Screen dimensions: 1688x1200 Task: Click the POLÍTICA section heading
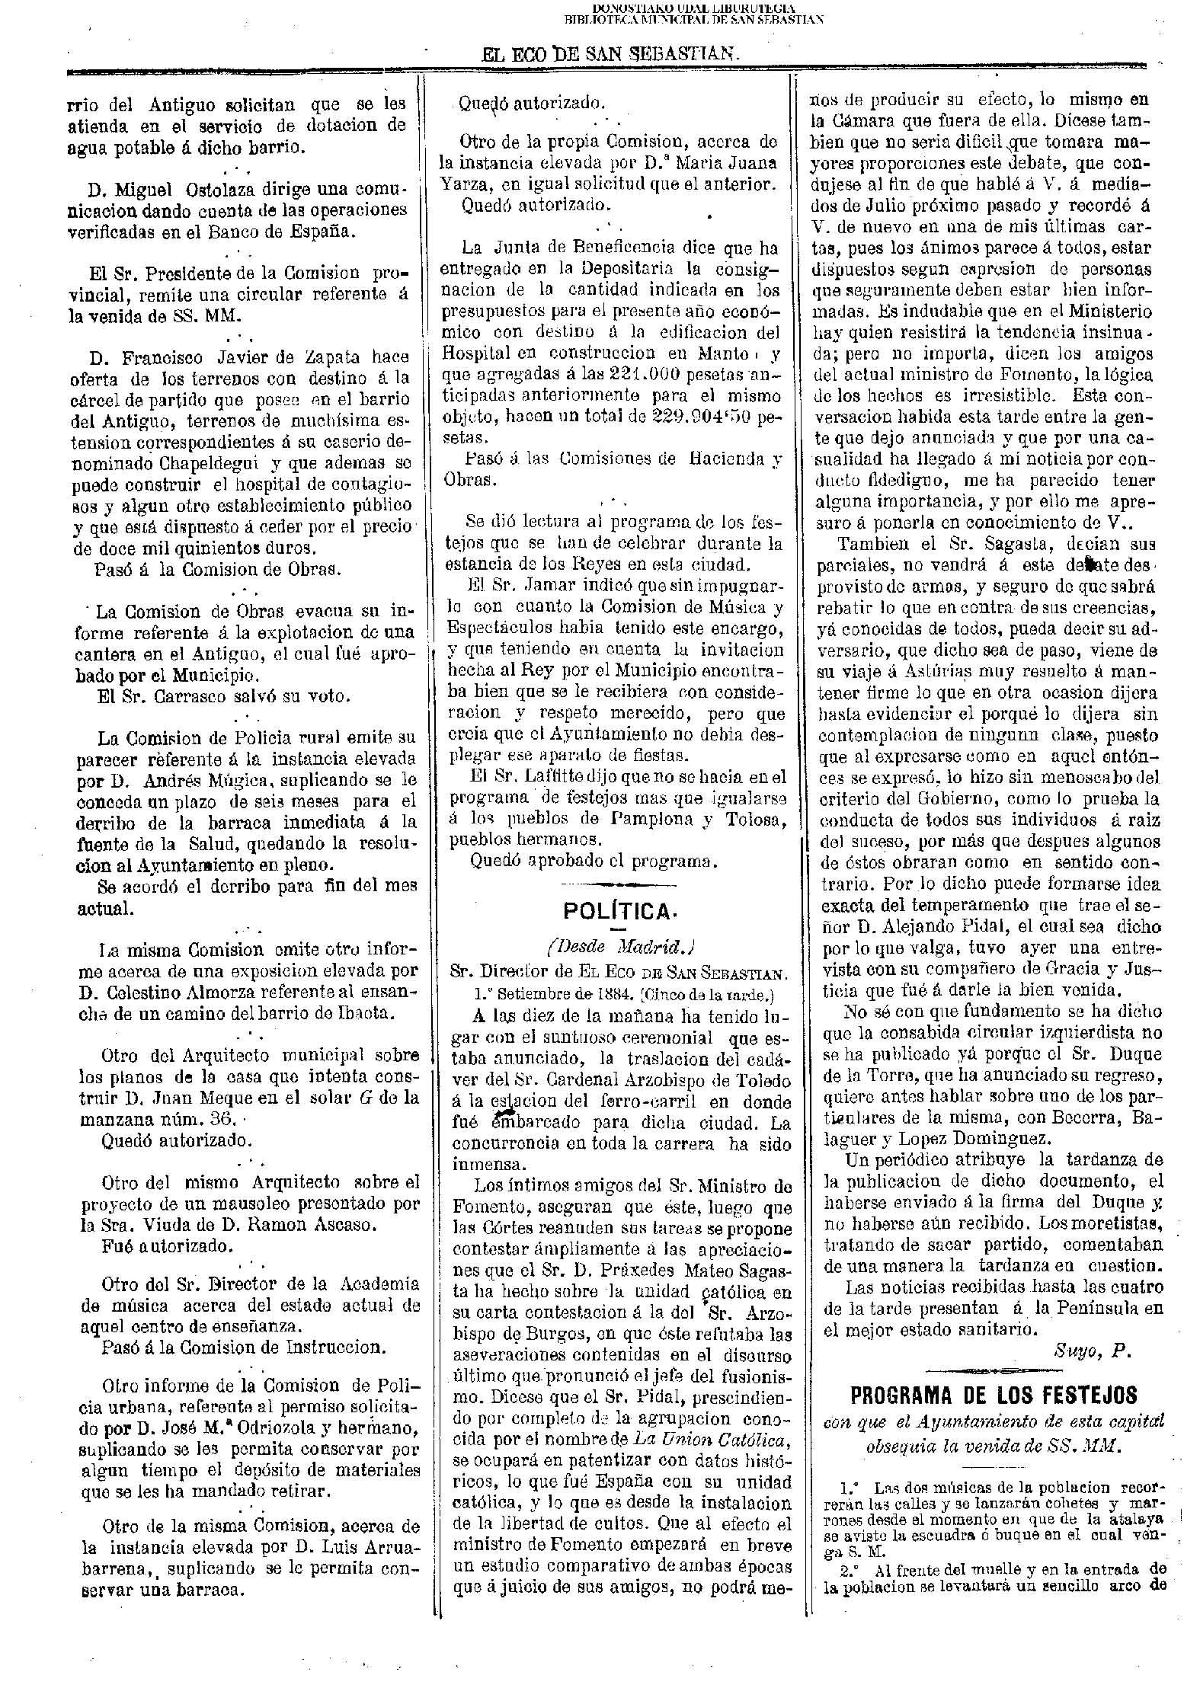point(619,911)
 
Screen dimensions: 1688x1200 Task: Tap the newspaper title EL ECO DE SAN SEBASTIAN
point(610,55)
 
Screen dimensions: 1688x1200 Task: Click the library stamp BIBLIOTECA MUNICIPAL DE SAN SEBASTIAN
point(693,20)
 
